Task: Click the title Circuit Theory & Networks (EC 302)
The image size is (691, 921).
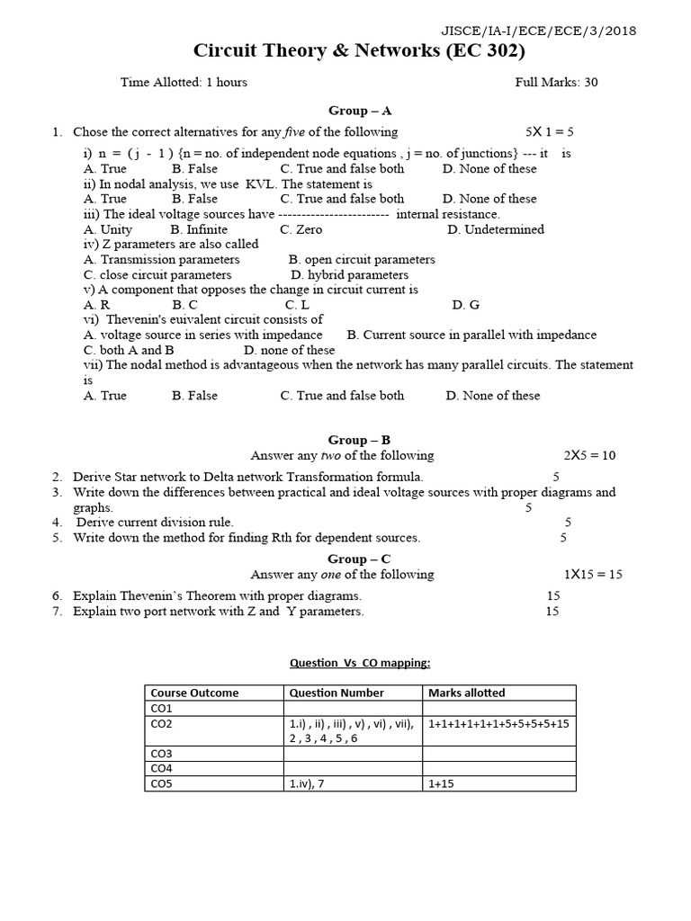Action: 359,51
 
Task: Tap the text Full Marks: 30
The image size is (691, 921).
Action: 556,82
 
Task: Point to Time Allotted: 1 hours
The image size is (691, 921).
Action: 184,82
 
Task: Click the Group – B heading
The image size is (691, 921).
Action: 359,440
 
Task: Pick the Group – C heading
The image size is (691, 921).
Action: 359,559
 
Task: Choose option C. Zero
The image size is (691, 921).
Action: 301,229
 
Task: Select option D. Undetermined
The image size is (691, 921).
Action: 495,229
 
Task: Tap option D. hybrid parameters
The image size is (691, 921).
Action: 349,274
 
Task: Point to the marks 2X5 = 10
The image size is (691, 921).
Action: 589,455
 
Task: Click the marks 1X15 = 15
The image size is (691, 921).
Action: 593,574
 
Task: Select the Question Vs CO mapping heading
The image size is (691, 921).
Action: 359,663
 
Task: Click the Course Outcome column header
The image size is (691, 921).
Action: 194,693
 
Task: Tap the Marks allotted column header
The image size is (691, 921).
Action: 466,693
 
